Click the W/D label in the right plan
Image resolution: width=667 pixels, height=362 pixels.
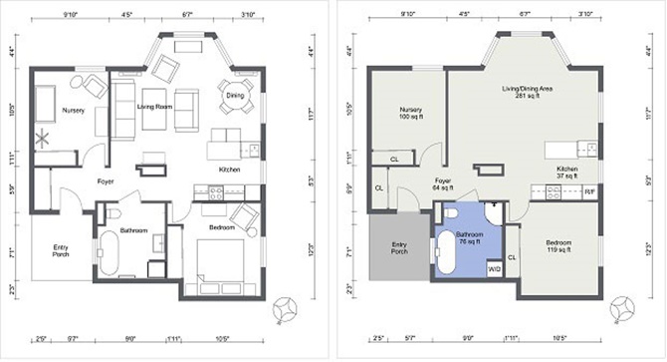coord(494,268)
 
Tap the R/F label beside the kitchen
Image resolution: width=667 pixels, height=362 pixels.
coord(589,191)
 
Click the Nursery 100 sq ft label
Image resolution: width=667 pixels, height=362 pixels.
coord(412,113)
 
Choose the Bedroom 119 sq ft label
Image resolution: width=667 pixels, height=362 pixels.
coord(558,245)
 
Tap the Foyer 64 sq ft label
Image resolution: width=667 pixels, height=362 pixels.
coord(443,184)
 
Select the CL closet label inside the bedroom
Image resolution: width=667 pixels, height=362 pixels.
coord(512,256)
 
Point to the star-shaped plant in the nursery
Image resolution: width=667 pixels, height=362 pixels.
coord(43,139)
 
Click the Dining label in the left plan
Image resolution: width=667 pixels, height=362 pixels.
coord(234,95)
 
